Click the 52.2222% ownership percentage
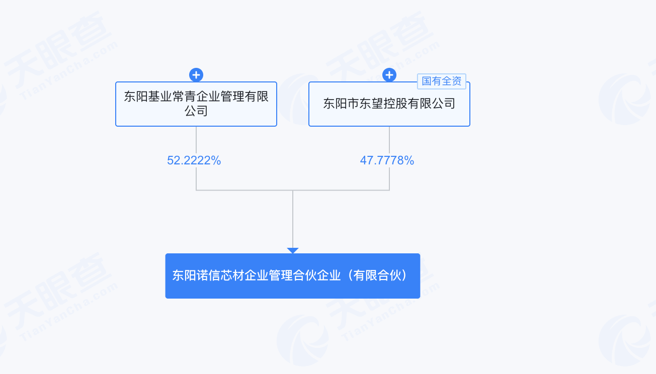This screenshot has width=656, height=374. coord(194,160)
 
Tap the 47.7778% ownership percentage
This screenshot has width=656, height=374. coord(387,160)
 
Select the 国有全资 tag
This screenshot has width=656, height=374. coord(442,81)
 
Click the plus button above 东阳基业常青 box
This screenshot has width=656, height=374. coord(196,75)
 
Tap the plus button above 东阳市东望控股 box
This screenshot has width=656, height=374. coord(389,75)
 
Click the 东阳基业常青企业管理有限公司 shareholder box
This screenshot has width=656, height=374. coord(196,104)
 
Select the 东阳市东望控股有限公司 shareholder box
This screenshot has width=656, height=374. coord(389,104)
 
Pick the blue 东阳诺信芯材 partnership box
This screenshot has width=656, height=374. coord(293,276)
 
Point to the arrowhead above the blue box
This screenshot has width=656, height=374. coord(293,250)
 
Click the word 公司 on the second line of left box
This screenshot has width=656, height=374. coord(196,111)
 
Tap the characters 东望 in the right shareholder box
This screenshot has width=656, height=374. coord(377,104)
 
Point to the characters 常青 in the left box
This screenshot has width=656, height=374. coord(184,97)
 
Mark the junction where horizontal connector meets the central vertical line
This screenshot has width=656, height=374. coord(293,190)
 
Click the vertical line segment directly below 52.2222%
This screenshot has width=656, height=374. coord(196,178)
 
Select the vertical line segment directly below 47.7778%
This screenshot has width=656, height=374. coord(389,178)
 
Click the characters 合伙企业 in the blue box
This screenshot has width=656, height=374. coord(317,275)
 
